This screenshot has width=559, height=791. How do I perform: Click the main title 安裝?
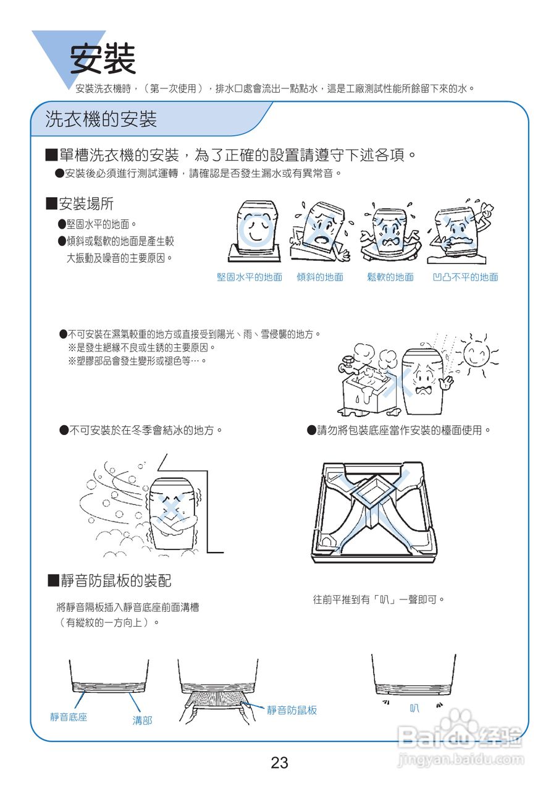point(103,59)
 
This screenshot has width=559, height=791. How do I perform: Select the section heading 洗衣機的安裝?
point(101,119)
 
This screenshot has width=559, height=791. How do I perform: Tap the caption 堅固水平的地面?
point(250,277)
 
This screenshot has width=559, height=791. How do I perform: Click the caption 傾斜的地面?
point(320,277)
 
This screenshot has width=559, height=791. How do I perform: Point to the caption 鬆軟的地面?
point(390,277)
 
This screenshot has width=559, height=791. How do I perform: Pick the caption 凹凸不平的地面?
point(465,277)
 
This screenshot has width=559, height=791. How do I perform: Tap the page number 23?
point(279,763)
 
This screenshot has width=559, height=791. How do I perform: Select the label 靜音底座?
point(69,717)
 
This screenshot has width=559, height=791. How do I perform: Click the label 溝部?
point(142,721)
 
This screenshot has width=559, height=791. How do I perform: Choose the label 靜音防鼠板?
point(292,711)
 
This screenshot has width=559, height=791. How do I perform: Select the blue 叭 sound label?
point(414,708)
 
